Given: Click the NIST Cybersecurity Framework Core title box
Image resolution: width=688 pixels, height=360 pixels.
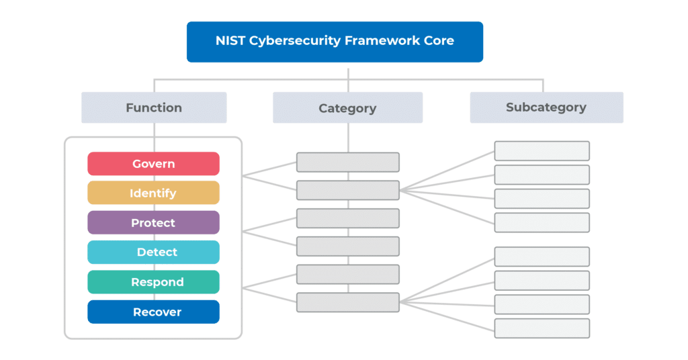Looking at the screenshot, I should [x=335, y=42].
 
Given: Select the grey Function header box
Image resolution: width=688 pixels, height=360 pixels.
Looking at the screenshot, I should [x=154, y=107].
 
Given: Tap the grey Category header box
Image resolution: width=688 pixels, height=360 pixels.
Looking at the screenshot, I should [x=347, y=107].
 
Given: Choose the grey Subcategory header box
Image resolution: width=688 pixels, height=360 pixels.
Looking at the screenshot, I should [x=546, y=107].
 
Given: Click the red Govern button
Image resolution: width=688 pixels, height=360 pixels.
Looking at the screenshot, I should [x=153, y=164].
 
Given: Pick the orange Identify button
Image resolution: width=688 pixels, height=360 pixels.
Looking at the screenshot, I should [x=153, y=193].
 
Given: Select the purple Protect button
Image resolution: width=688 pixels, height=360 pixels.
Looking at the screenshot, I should [x=153, y=223].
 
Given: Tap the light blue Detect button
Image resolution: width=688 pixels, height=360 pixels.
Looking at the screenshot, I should [x=153, y=253].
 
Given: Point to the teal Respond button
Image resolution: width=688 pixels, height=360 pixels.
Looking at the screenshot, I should [x=153, y=282].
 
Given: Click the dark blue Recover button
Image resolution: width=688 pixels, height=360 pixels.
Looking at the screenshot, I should [x=153, y=312].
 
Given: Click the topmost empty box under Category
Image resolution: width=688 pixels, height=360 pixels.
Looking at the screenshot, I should [x=348, y=163].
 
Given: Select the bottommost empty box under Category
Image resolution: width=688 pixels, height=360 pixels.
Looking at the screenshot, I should [x=348, y=302].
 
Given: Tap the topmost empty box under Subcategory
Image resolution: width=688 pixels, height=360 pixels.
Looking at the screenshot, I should [x=542, y=151].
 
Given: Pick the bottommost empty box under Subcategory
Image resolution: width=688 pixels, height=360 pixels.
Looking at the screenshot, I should [x=542, y=328].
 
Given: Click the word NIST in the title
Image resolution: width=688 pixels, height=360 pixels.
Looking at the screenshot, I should [x=230, y=41].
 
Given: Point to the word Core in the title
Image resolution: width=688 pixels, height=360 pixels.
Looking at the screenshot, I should [x=438, y=41].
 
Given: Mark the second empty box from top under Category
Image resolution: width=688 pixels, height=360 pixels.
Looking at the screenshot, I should [x=348, y=191].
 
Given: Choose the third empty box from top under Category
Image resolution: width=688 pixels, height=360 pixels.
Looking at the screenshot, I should [x=348, y=218].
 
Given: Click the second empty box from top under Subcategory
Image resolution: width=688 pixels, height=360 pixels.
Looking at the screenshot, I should [x=542, y=175].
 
